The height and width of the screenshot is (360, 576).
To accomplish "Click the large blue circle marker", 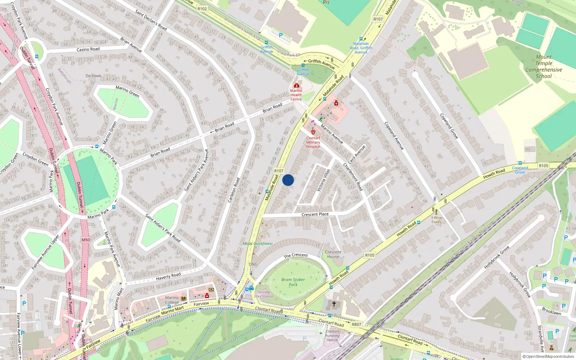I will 288,180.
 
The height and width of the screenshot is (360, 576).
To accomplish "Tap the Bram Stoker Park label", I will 293,282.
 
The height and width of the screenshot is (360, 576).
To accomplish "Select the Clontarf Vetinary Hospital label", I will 313,142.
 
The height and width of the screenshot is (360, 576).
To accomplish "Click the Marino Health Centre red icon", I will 297,85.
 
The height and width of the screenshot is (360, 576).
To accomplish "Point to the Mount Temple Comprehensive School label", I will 544,67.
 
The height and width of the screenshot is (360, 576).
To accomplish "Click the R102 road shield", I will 202,9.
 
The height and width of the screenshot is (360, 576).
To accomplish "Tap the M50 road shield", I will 86,240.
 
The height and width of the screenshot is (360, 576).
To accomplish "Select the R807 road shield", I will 356,324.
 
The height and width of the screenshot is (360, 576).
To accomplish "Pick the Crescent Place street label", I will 315,214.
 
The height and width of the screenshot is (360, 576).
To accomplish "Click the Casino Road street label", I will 88,49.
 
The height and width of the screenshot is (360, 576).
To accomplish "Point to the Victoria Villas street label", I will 323,180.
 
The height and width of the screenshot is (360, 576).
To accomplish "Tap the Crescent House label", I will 333,254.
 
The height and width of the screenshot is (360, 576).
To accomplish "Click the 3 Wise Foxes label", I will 436,220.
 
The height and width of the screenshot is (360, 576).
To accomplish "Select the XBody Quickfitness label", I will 257,244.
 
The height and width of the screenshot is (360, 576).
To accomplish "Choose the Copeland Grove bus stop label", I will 520,170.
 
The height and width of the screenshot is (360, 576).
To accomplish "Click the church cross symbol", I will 334,304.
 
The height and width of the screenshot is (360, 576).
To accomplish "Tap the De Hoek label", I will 93,76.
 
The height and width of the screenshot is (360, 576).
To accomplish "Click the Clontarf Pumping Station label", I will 332,336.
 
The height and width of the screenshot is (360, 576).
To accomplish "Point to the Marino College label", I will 172,300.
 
